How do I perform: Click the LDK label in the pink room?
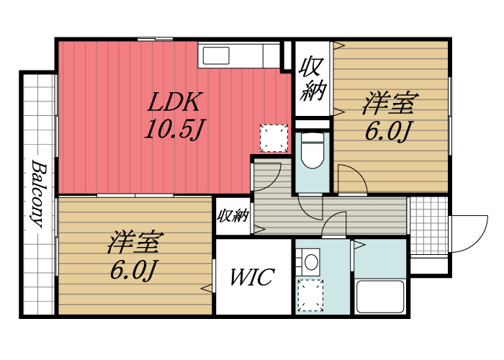(x=176, y=102)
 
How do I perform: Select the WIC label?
(x=252, y=277)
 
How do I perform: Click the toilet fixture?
(x=312, y=152)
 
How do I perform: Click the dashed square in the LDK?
(x=272, y=138)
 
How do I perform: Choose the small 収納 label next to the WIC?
(x=233, y=215)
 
